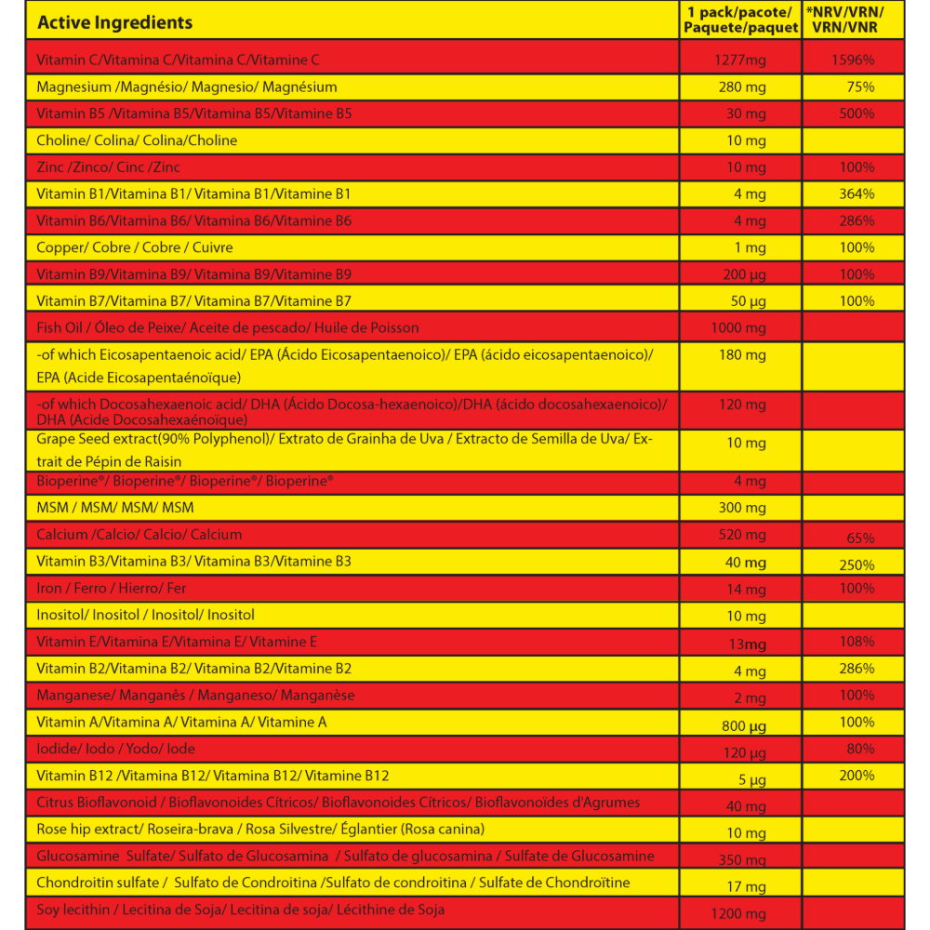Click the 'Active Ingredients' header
(114, 22)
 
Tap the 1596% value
(853, 60)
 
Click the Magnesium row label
(186, 87)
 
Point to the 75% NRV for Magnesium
(860, 87)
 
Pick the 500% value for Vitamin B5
(856, 113)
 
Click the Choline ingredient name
(137, 140)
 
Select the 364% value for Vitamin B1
(856, 194)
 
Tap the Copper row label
(134, 247)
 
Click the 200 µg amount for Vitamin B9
(745, 275)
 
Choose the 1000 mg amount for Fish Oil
(738, 328)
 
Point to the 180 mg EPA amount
(743, 355)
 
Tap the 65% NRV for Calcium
(860, 538)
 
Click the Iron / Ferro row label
(111, 589)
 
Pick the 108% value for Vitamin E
(856, 642)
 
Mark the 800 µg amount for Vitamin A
(744, 726)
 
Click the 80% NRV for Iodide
(860, 749)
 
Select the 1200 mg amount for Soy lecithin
(738, 915)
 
